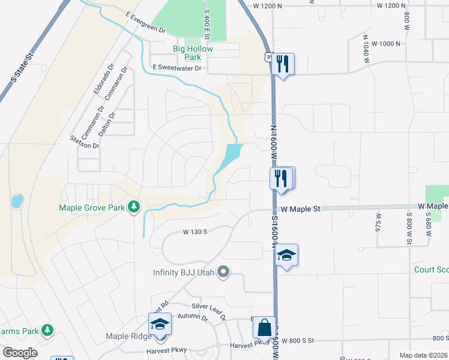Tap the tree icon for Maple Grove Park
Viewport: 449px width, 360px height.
coord(134,208)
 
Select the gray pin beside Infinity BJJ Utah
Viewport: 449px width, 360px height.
coord(223,272)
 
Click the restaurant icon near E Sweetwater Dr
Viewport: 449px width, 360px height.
coord(282,63)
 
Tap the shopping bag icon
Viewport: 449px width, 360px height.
coord(264,328)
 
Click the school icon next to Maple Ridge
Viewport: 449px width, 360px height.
coord(160,324)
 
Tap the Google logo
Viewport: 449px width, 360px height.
coord(20,353)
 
